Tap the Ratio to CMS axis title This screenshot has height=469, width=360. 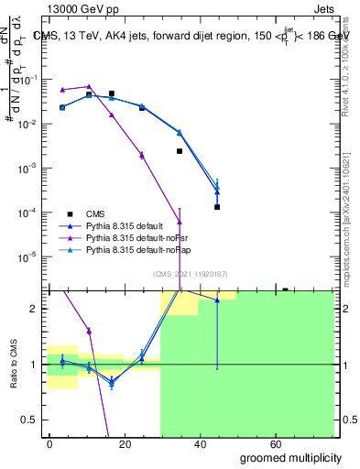[14, 365]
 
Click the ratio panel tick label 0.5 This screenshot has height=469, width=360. [31, 420]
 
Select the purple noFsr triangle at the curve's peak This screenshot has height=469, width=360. [89, 86]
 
